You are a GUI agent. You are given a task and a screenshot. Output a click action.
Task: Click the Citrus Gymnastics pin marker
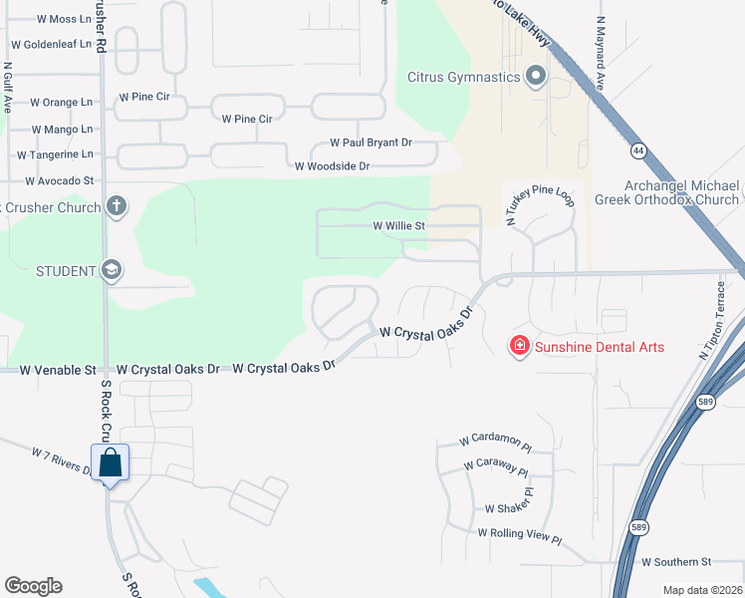click(536, 77)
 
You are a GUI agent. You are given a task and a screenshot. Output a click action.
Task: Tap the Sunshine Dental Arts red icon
click(519, 347)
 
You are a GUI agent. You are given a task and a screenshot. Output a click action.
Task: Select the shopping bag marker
click(110, 462)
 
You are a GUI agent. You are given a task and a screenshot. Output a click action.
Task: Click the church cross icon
click(116, 207)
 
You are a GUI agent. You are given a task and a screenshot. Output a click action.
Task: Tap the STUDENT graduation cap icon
click(111, 270)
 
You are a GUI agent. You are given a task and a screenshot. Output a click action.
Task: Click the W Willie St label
click(398, 226)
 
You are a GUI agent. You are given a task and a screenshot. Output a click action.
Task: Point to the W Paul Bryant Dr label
click(371, 144)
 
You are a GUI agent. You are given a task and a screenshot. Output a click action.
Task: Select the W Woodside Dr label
click(332, 166)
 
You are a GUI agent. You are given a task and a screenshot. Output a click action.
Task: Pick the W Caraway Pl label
click(495, 465)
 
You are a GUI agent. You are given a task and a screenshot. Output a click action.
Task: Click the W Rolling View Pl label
click(520, 534)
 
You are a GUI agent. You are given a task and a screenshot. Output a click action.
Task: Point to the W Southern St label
click(676, 562)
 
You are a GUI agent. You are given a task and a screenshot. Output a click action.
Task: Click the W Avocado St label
click(59, 181)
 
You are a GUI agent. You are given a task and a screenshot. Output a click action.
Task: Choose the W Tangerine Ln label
click(55, 154)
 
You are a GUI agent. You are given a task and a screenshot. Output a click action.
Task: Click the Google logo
click(33, 586)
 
